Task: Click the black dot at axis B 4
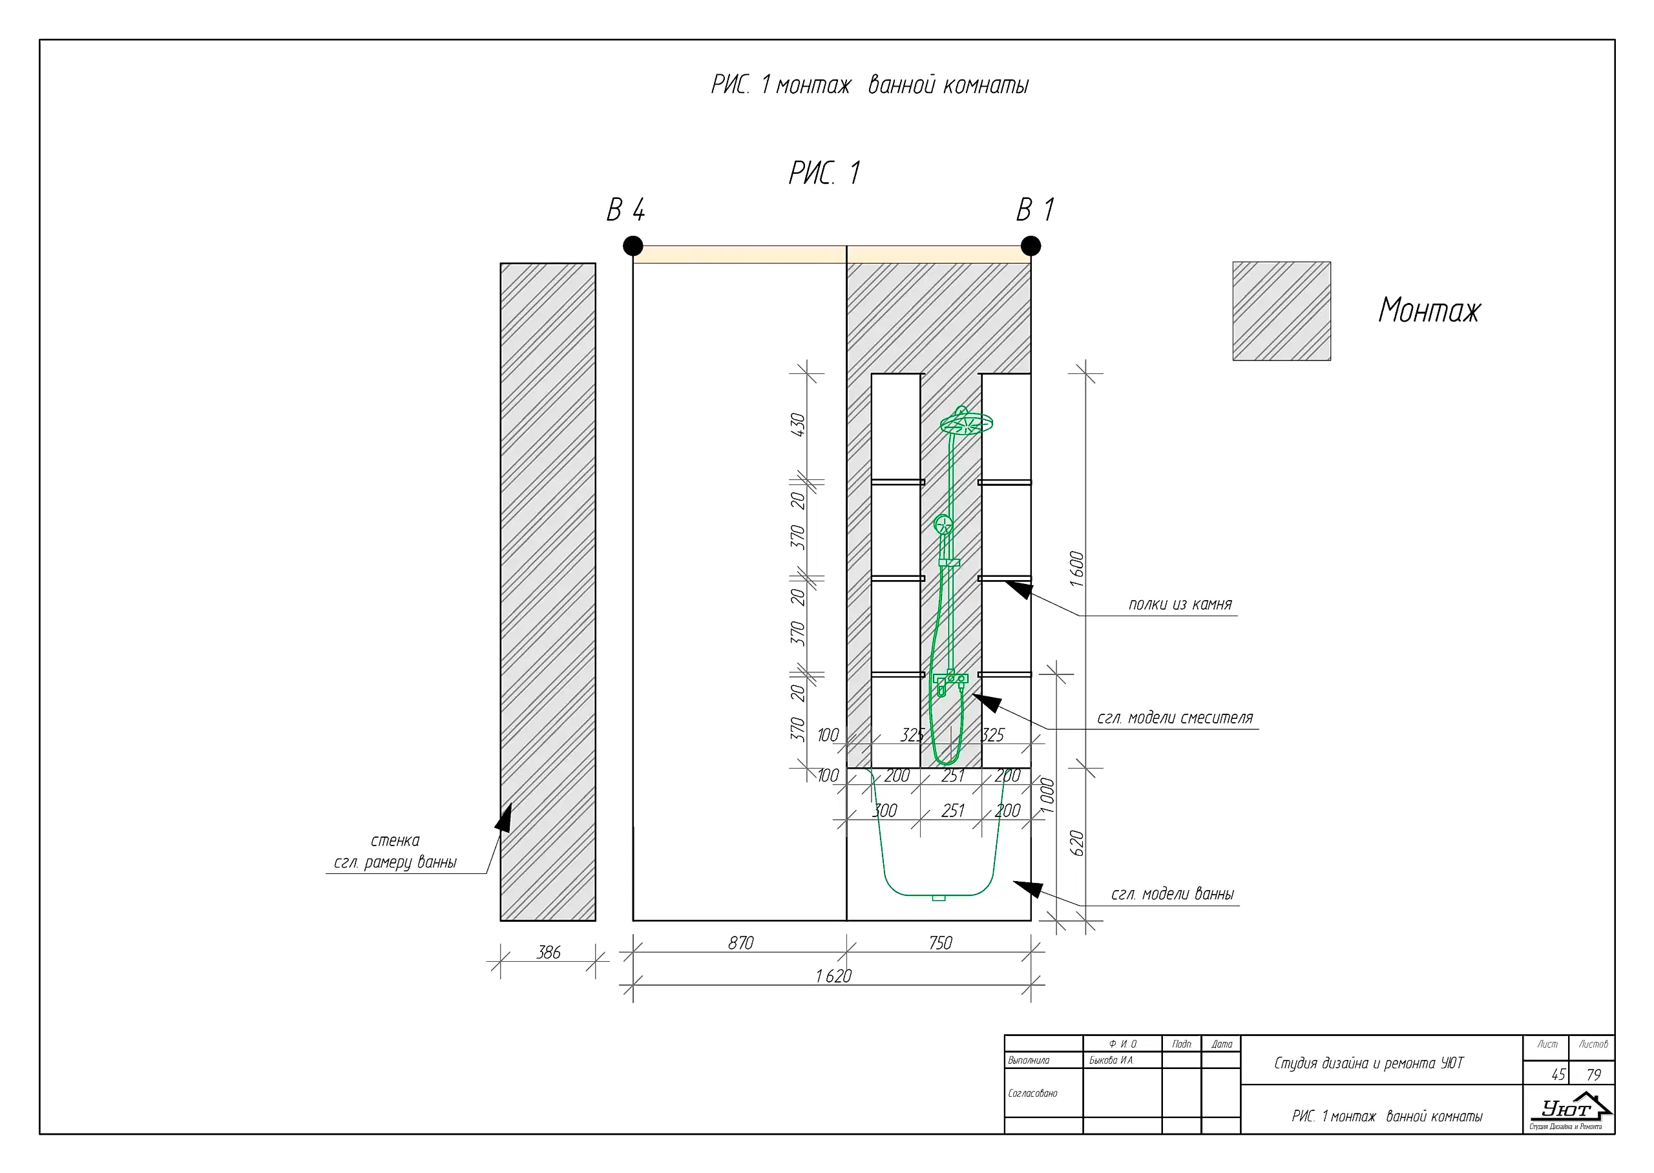[x=633, y=245]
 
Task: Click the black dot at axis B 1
[x=1031, y=245]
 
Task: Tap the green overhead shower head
[x=966, y=422]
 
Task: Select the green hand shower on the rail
[x=943, y=524]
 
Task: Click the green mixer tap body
[x=950, y=679]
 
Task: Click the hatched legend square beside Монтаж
[x=1281, y=311]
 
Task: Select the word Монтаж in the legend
[x=1429, y=311]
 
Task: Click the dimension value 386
[x=548, y=952]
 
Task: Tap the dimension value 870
[x=740, y=942]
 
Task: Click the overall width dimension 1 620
[x=833, y=976]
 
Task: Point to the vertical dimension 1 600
[x=1076, y=568]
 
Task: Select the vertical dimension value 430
[x=797, y=425]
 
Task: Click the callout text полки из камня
[x=1180, y=605]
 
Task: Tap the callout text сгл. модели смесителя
[x=1175, y=718]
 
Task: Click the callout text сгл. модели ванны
[x=1171, y=894]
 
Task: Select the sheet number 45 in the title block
[x=1558, y=1075]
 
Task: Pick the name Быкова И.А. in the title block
[x=1111, y=1061]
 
